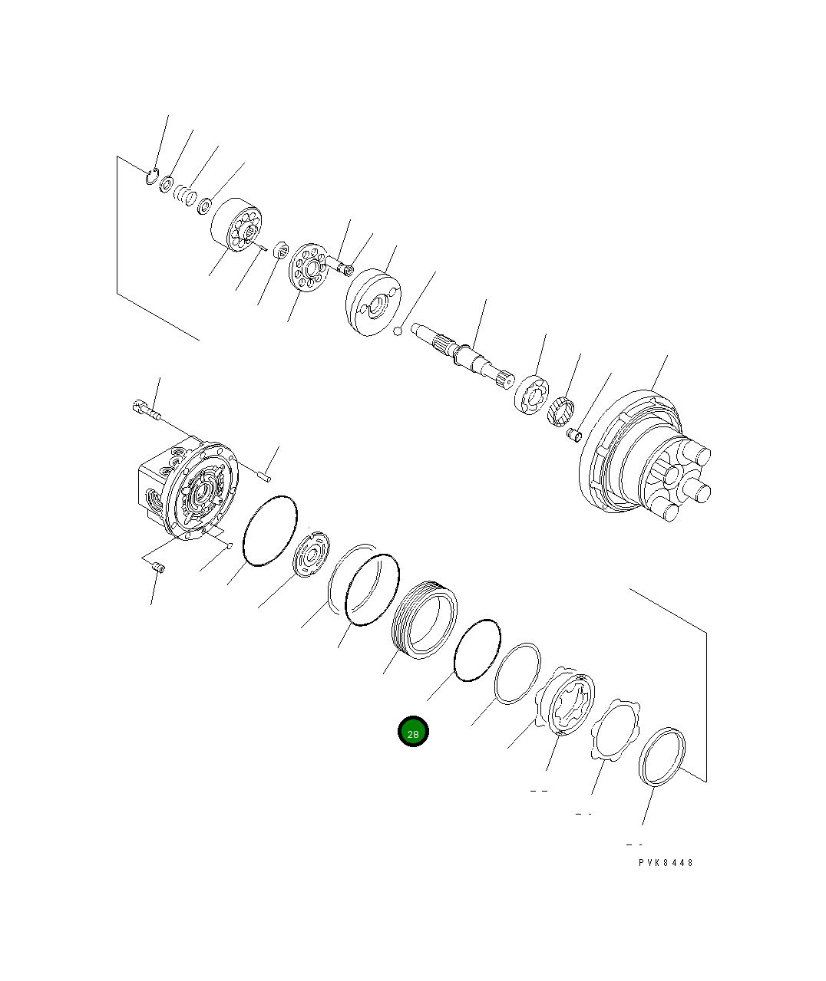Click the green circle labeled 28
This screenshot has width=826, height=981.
[x=413, y=732]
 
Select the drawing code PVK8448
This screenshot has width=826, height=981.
[x=666, y=863]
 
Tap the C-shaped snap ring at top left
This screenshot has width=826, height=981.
[x=152, y=177]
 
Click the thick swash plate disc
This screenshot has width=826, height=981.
[x=374, y=301]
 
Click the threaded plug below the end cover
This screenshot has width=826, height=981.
[x=160, y=568]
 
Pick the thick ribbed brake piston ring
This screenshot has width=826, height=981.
[x=425, y=619]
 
